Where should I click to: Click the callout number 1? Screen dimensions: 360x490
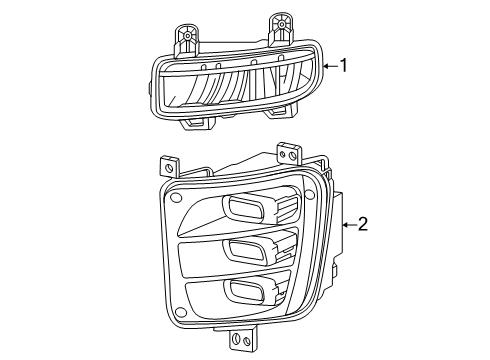pyautogui.click(x=345, y=66)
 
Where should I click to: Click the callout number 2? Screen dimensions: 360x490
pyautogui.click(x=362, y=225)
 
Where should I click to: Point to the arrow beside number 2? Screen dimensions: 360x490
pyautogui.click(x=347, y=225)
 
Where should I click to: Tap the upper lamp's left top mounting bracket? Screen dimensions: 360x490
pyautogui.click(x=186, y=38)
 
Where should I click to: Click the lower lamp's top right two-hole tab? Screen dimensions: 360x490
pyautogui.click(x=290, y=152)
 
